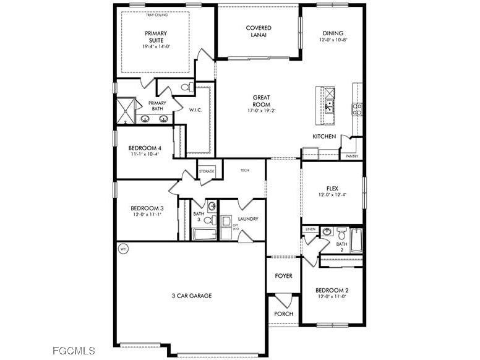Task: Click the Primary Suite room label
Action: [x=156, y=37]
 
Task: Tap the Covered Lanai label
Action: [x=259, y=32]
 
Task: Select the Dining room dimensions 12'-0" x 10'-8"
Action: [x=333, y=40]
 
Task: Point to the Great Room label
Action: [x=261, y=101]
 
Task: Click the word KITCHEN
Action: [x=324, y=136]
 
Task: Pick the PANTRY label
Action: [x=352, y=156]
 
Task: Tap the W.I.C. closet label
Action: [x=196, y=110]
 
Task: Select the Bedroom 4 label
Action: [x=145, y=148]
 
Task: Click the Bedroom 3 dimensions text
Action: [x=147, y=215]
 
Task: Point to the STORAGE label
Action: [x=207, y=171]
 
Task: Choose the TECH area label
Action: [x=244, y=170]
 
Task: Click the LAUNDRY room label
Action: [x=247, y=219]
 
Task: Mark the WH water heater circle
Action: [x=122, y=249]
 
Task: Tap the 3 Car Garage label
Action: [x=192, y=296]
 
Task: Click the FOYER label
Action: [x=283, y=276]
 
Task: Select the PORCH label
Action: [x=283, y=314]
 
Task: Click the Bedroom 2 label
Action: [x=332, y=291]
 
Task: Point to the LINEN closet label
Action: [x=310, y=229]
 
